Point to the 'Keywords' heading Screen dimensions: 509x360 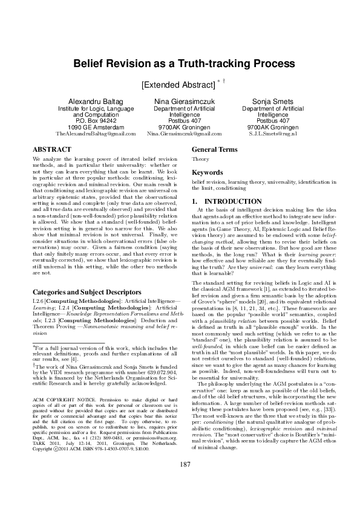(208, 172)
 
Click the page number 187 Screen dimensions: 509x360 (180, 481)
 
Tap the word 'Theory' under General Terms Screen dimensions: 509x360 (200, 159)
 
